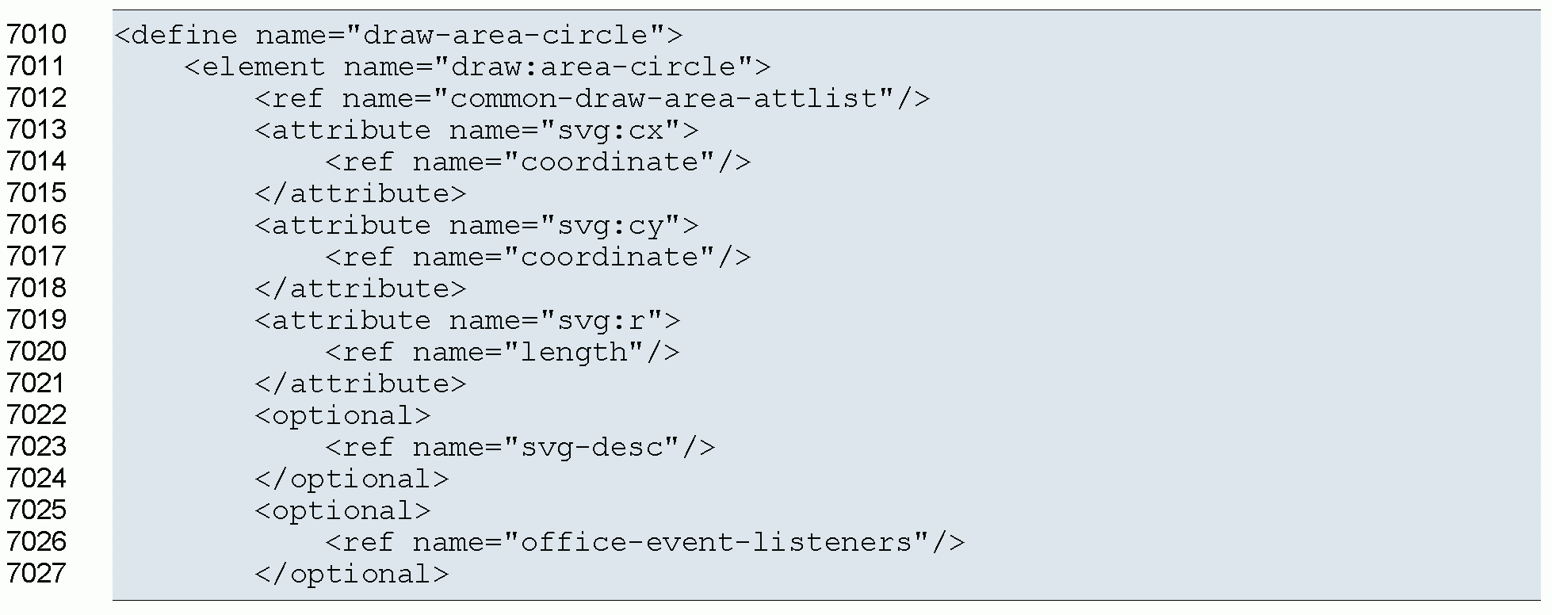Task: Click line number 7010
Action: pos(36,35)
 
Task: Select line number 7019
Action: pos(36,320)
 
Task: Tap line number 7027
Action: pos(36,574)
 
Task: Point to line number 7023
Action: pos(36,447)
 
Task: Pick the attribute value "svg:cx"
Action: pos(611,130)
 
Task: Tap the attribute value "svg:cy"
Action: pos(611,225)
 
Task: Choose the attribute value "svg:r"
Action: pos(602,320)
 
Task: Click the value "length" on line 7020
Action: pos(576,352)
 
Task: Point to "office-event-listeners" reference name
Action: pos(717,542)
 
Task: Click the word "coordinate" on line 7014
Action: pos(611,162)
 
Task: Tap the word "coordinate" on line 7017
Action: pos(611,257)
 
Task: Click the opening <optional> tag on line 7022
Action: pos(343,415)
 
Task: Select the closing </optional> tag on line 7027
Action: pos(352,574)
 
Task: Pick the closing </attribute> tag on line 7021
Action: pos(361,384)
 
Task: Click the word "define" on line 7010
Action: pos(184,35)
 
